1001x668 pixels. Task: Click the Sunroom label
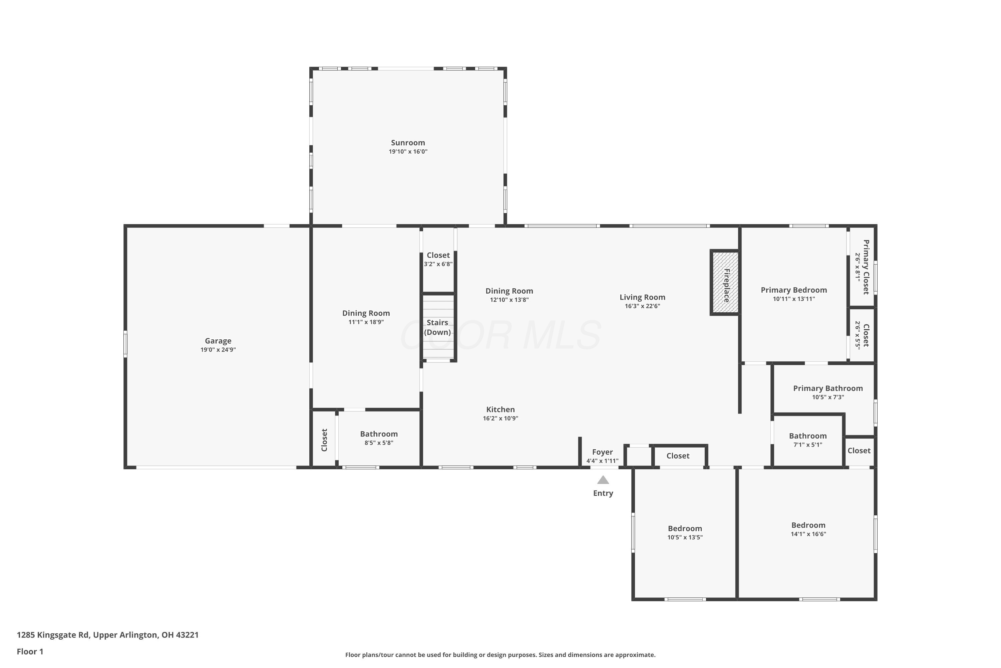408,143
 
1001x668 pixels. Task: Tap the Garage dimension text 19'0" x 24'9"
218,350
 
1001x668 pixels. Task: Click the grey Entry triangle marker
603,480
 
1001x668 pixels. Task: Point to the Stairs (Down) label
437,328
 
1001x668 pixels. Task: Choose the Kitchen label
500,409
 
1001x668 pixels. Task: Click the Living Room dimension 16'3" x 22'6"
642,306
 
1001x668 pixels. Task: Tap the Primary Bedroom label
794,290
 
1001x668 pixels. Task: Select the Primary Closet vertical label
866,267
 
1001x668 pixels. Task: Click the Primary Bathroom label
828,388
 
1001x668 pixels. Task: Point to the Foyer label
602,452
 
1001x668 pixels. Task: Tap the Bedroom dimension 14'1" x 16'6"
808,534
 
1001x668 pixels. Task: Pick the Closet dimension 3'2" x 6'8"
438,264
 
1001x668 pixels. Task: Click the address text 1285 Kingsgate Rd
53,635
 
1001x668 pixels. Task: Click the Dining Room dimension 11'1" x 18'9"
366,322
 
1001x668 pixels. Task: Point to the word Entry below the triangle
603,493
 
